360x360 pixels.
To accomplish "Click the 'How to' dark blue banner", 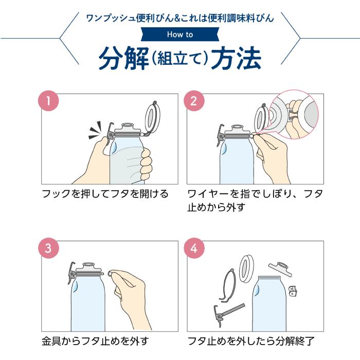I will pyautogui.click(x=180, y=35).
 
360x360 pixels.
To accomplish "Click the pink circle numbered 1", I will pyautogui.click(x=48, y=101).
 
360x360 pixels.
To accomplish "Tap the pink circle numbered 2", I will pyautogui.click(x=194, y=101).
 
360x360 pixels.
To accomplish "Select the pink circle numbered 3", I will pyautogui.click(x=48, y=248).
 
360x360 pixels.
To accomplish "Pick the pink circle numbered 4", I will pyautogui.click(x=194, y=248).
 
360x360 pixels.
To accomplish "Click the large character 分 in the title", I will pyautogui.click(x=112, y=60).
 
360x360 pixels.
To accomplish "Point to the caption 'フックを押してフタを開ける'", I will pyautogui.click(x=105, y=194).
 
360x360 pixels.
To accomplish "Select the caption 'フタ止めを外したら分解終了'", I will pyautogui.click(x=250, y=341).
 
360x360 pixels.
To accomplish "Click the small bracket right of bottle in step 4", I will pyautogui.click(x=294, y=292).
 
